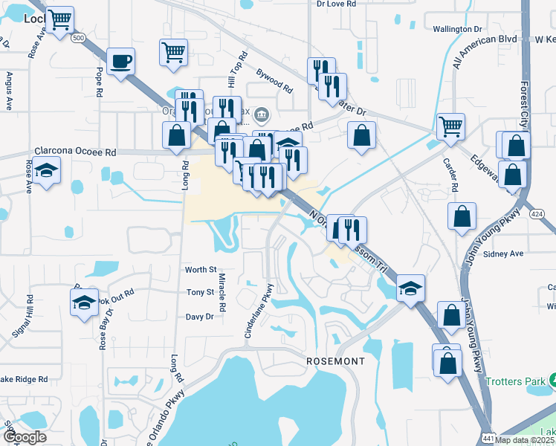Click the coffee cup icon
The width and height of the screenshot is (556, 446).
pos(120,61)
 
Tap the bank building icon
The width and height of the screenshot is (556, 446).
pos(262,114)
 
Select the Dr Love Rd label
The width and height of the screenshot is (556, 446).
pos(336,4)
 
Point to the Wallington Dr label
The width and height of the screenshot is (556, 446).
pos(457,29)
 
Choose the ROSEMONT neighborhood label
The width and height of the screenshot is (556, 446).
pos(336,361)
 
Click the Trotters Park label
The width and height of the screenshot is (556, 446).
pos(514,381)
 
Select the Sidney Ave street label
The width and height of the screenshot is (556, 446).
pos(503,253)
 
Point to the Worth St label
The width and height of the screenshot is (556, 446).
pos(201,270)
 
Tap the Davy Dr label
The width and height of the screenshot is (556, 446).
pos(199,317)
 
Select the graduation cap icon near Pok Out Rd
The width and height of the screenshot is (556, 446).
pos(84,302)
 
